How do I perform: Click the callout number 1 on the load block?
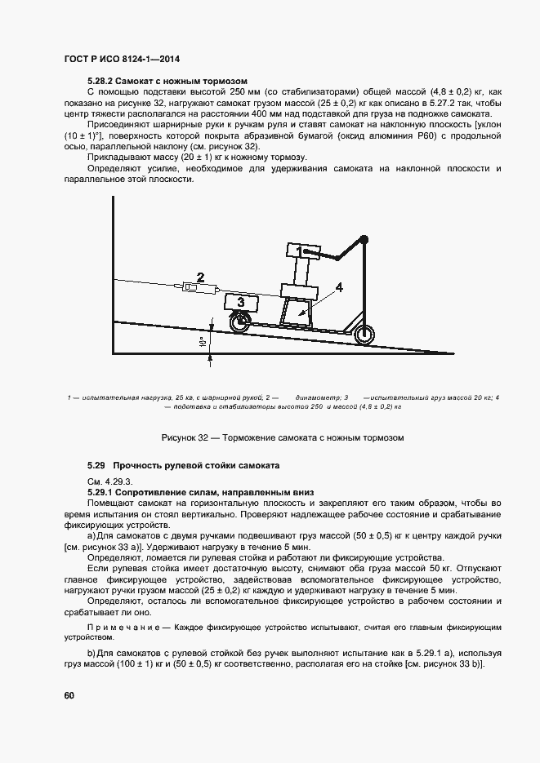pos(300,251)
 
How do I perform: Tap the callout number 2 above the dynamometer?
pos(199,276)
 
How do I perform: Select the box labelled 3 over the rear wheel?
pos(241,302)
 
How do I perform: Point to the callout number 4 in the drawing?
pos(338,287)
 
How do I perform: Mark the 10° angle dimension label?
pos(201,343)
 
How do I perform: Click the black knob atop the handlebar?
pos(364,239)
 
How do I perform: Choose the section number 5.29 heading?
pos(96,465)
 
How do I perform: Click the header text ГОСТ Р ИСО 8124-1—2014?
pos(122,60)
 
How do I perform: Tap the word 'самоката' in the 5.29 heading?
pos(260,465)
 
